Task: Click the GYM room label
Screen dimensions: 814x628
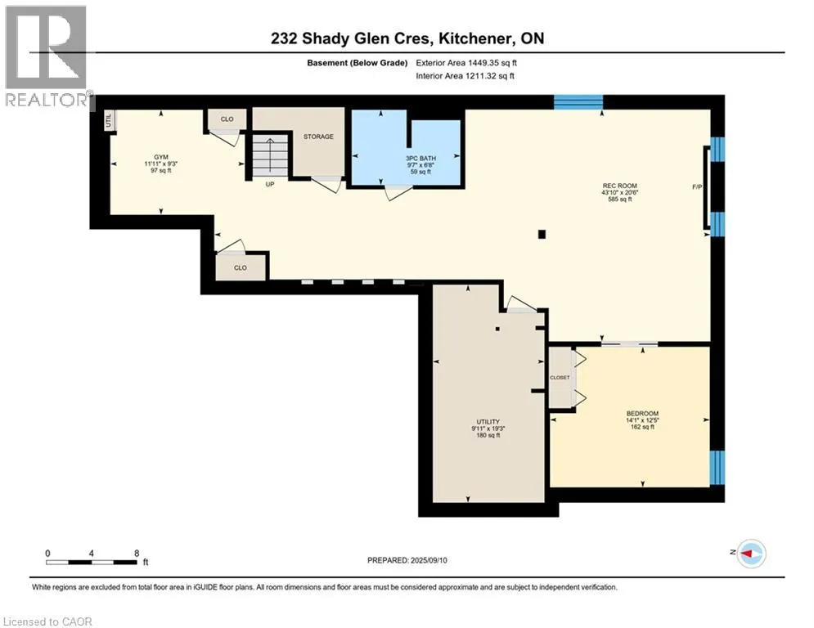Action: [x=161, y=157]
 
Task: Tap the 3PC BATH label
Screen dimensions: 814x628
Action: [x=420, y=159]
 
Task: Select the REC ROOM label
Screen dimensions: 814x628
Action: [x=619, y=186]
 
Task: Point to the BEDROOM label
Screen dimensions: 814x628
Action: [x=642, y=414]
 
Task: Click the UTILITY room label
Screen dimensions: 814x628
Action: [x=488, y=422]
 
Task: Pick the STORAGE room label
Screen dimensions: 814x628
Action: [x=318, y=137]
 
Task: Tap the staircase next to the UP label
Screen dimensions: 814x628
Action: [x=270, y=155]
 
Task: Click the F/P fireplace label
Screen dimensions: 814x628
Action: [x=697, y=186]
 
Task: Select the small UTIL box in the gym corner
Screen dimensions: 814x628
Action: [x=109, y=121]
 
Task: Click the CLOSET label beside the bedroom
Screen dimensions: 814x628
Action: [x=560, y=377]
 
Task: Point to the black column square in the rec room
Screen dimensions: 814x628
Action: [x=542, y=234]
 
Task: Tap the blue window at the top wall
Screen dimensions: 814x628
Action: [x=578, y=101]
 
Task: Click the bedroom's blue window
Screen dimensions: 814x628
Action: [x=717, y=467]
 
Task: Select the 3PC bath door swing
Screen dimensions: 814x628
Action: [x=397, y=191]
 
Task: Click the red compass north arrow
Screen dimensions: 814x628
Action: [x=746, y=554]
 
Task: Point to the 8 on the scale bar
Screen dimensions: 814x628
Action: [x=137, y=554]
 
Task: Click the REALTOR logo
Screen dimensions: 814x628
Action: [x=46, y=56]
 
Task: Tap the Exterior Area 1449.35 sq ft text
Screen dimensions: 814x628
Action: [x=466, y=63]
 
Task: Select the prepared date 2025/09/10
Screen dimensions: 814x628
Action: [x=429, y=560]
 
